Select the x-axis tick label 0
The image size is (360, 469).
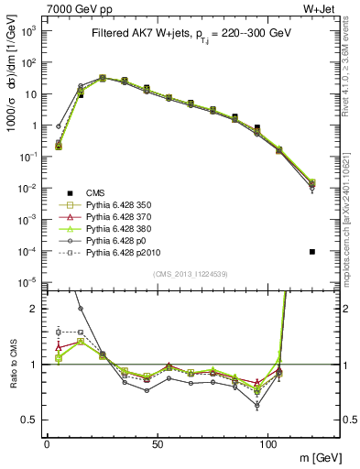click(x=47, y=443)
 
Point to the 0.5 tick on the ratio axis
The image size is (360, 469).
click(x=30, y=420)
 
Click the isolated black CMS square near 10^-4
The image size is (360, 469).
click(x=312, y=251)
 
